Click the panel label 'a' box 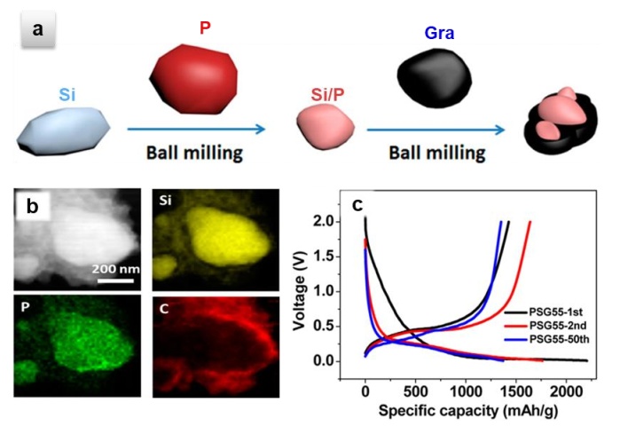click(x=38, y=30)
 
